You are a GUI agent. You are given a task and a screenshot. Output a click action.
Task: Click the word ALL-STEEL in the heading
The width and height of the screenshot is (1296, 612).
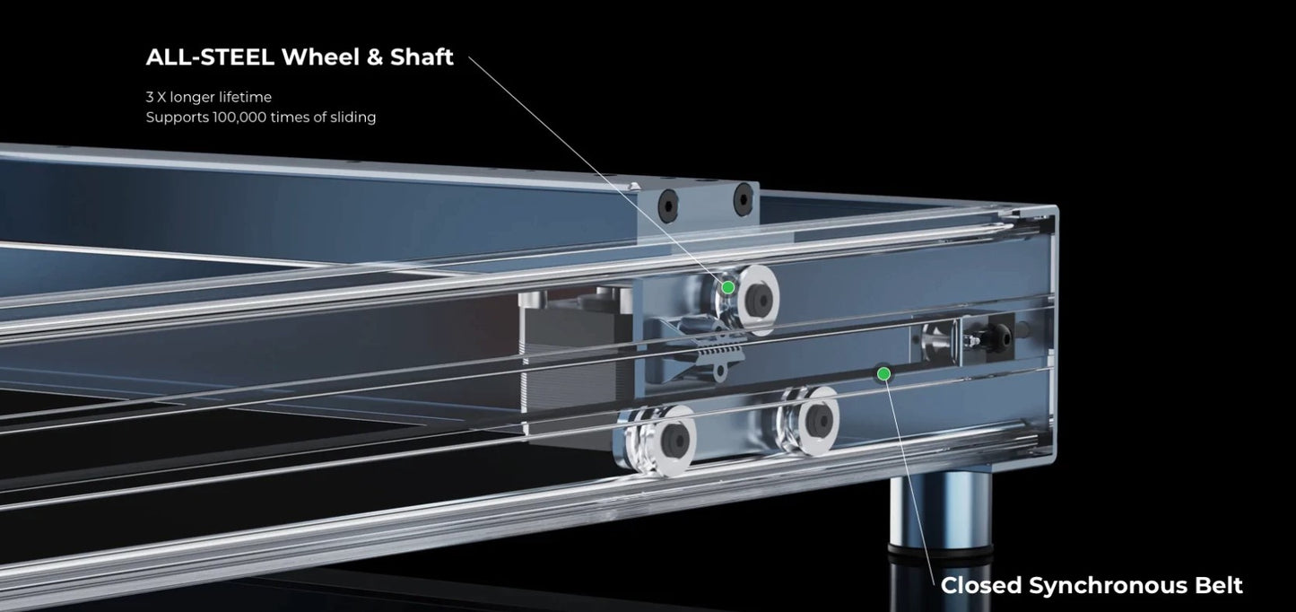210,57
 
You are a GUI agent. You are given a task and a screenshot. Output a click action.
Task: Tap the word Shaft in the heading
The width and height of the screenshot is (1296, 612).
422,57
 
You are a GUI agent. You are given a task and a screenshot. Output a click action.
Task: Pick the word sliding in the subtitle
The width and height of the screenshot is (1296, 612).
353,118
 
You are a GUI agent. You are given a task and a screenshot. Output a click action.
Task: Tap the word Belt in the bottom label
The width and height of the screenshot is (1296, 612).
1219,585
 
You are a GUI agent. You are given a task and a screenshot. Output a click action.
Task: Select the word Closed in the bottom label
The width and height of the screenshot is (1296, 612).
980,585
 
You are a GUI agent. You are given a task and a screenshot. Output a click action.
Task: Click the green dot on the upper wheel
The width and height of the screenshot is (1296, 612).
728,287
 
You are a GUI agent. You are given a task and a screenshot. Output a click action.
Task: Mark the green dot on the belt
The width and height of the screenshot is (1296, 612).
883,374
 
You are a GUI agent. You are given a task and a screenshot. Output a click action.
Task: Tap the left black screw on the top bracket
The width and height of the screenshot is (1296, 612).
668,205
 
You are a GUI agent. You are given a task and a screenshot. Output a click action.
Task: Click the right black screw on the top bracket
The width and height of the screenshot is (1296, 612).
743,200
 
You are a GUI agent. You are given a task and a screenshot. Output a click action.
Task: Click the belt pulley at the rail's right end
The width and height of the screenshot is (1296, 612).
938,343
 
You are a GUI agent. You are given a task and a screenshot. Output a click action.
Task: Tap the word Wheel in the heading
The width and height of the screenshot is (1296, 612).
318,57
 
